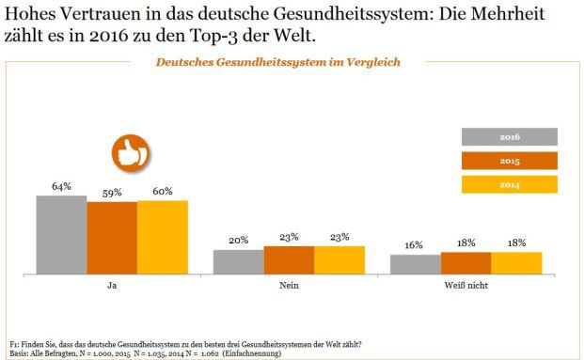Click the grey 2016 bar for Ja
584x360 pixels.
[61, 235]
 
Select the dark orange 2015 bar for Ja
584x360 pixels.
[112, 238]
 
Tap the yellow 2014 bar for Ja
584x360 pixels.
[163, 237]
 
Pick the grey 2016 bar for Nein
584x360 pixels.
[238, 261]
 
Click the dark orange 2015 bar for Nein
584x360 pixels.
[289, 259]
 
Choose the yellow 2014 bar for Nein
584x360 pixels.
[339, 259]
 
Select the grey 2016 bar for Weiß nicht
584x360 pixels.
[415, 264]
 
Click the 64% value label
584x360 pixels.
[61, 186]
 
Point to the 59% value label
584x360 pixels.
[112, 192]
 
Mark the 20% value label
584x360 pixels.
[238, 241]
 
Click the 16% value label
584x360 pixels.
[415, 244]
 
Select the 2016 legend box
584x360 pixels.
[510, 137]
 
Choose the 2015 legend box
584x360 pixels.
[510, 161]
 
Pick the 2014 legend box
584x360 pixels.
[510, 184]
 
